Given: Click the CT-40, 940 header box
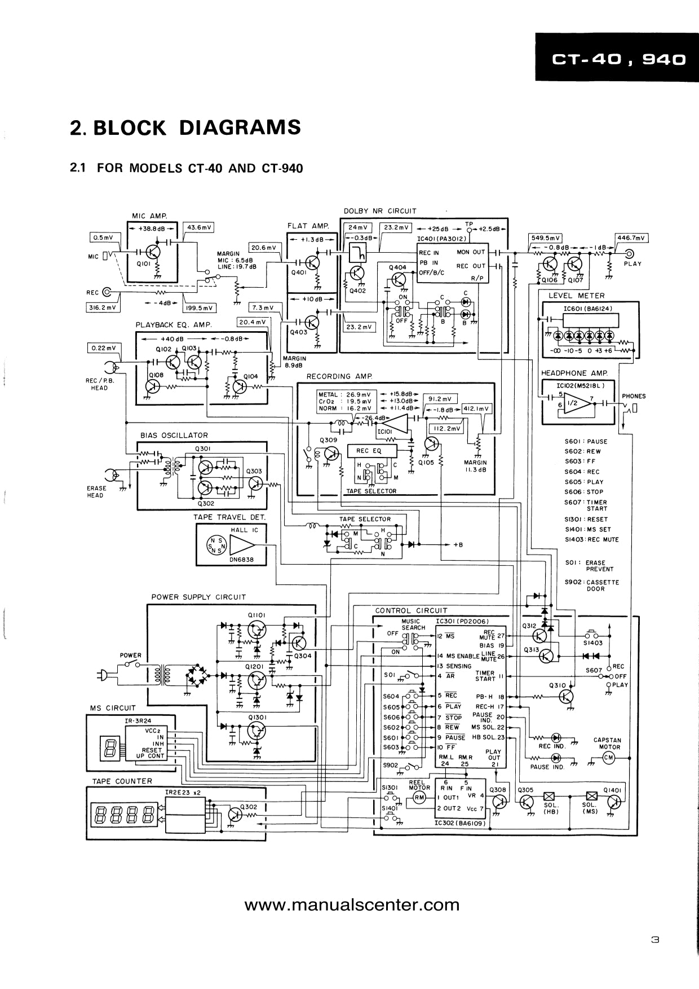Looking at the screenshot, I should tap(617, 58).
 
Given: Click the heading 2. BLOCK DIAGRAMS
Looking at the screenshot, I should tap(185, 128).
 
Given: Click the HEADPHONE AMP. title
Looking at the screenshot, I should tap(574, 373).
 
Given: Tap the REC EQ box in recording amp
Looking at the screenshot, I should tap(369, 451).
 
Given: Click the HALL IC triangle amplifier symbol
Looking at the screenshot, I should tap(241, 545).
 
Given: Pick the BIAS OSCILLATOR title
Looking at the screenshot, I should tap(174, 435).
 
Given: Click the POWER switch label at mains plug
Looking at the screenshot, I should tap(130, 656).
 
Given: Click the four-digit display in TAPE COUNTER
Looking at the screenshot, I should tap(126, 815).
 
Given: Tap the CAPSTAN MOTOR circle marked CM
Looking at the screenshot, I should tap(608, 758).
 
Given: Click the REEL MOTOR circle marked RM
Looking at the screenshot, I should tap(419, 797).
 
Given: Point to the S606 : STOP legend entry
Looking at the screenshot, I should tap(584, 492).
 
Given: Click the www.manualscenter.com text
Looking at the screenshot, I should tap(352, 906).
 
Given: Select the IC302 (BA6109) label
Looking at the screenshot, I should tap(460, 823).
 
